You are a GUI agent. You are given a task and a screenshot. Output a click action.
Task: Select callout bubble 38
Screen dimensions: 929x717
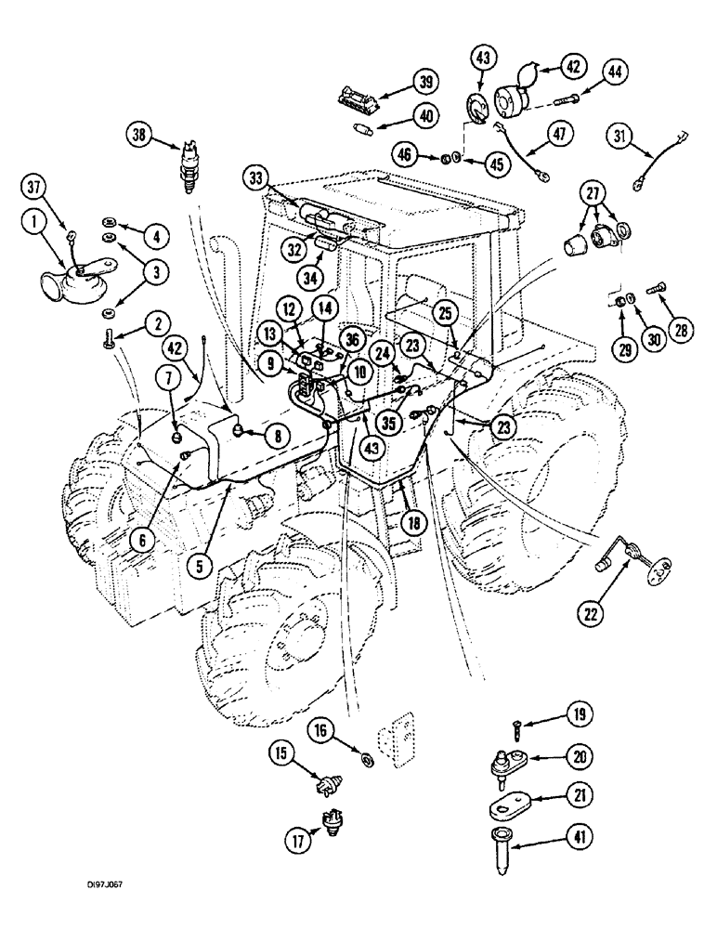point(141,135)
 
